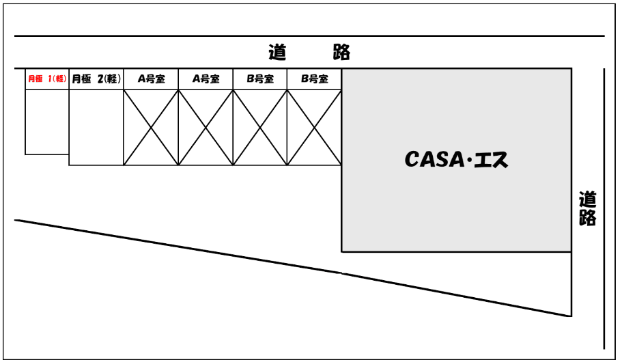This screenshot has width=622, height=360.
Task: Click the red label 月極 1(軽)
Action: (46, 79)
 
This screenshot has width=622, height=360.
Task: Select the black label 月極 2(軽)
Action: (96, 79)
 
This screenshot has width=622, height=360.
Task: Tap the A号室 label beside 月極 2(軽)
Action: (150, 79)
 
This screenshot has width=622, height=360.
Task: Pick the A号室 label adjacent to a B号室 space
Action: (206, 79)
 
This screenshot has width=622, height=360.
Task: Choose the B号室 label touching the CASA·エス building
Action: (315, 79)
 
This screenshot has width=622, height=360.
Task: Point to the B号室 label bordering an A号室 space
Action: (260, 79)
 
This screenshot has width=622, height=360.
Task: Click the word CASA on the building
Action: (427, 162)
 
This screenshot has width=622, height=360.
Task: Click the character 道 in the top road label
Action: (277, 52)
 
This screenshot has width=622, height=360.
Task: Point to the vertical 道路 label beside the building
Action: (586, 209)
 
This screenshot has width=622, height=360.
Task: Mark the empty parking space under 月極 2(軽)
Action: (96, 127)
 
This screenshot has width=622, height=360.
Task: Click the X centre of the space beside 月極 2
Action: (150, 128)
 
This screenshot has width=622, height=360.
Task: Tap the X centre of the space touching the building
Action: (315, 128)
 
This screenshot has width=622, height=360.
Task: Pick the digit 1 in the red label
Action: (51, 79)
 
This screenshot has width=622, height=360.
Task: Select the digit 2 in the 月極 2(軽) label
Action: (101, 79)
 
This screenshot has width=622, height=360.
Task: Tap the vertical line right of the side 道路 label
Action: (604, 205)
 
